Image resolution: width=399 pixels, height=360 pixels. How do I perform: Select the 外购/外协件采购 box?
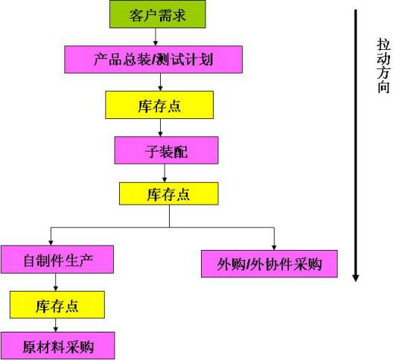pos(269,263)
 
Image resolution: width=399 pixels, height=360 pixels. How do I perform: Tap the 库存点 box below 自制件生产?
pos(57,304)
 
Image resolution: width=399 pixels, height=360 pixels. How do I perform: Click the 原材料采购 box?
pos(57,346)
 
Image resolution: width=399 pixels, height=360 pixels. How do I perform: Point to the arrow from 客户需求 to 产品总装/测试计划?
pos(155,36)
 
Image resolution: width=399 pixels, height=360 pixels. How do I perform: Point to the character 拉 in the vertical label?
pos(383,45)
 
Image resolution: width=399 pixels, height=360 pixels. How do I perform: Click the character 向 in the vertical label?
pos(383,87)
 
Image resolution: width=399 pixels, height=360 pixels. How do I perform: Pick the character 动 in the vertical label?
pos(383,59)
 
